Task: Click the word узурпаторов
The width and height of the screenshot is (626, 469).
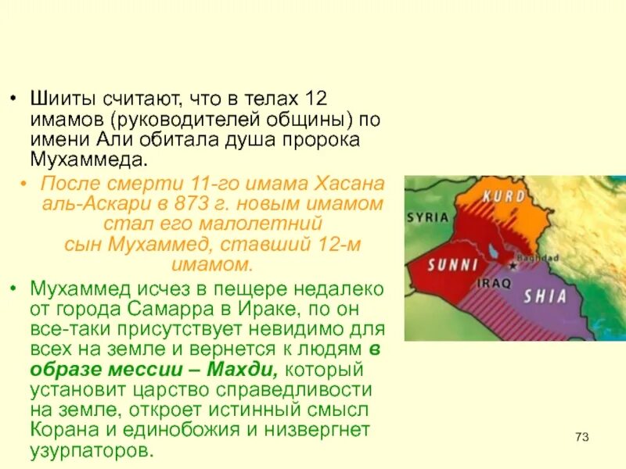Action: pyautogui.click(x=90, y=449)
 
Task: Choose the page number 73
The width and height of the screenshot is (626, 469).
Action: pyautogui.click(x=581, y=436)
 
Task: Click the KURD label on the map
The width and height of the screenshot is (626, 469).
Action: pyautogui.click(x=503, y=196)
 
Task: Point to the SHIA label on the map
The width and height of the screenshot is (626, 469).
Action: pyautogui.click(x=545, y=296)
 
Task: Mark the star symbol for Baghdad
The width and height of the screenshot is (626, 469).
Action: pyautogui.click(x=513, y=266)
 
